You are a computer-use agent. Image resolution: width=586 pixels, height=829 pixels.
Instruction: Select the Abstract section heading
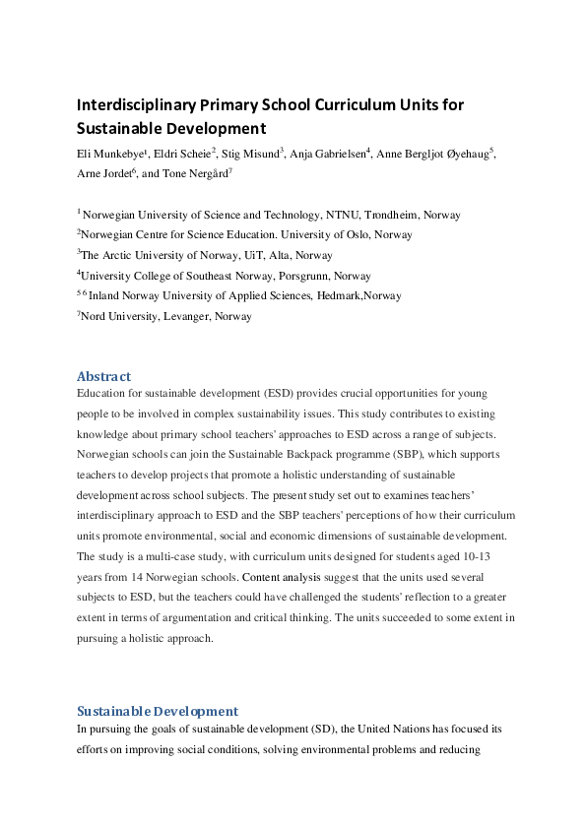click(x=103, y=376)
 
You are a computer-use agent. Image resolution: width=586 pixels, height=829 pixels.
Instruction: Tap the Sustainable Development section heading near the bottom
click(x=158, y=711)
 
